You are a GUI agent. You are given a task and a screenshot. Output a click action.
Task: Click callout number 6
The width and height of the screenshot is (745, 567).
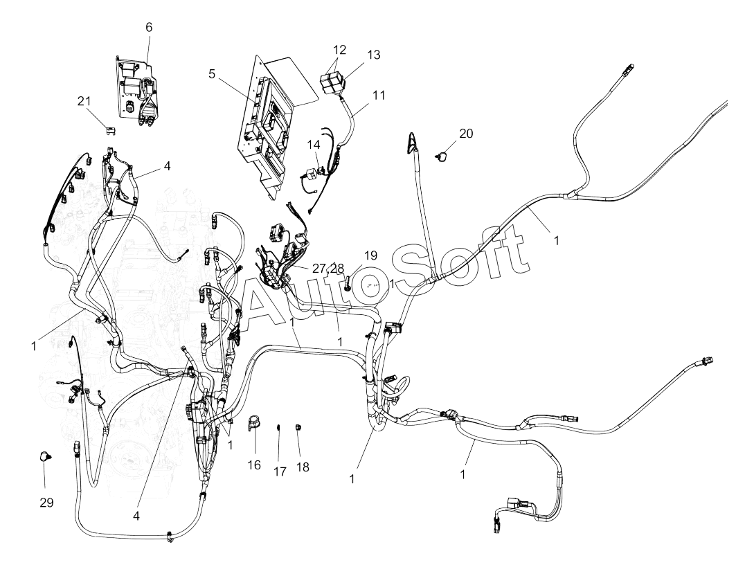[149, 27]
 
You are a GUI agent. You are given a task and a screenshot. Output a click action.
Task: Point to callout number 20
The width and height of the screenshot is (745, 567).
[466, 134]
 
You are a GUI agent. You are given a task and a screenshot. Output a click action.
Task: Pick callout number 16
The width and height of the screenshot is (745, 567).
[254, 465]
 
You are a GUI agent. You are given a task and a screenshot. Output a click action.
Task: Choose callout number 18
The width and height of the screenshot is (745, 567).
[303, 467]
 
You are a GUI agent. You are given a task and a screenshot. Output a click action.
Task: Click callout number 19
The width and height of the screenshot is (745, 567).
[370, 255]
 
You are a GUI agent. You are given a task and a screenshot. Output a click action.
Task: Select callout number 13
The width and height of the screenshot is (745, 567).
[374, 55]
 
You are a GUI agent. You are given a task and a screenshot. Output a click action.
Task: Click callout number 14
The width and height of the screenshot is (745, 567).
[313, 145]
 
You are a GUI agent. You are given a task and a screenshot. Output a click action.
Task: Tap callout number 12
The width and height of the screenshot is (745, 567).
[339, 50]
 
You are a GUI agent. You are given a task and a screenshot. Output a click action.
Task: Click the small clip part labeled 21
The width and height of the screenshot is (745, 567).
[109, 128]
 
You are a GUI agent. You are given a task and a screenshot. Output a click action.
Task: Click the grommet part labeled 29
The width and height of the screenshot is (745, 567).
[46, 456]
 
